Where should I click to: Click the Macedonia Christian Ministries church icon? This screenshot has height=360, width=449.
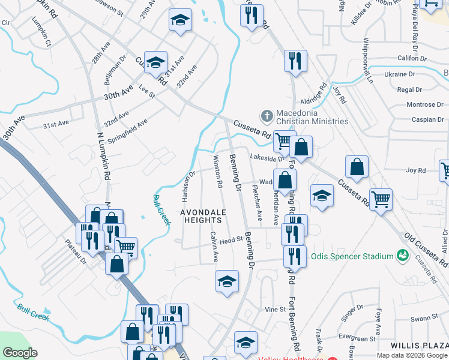(x=266, y=114)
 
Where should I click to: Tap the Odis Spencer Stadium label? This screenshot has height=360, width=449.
(x=352, y=257)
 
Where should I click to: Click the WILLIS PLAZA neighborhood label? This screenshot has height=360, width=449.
(x=419, y=346)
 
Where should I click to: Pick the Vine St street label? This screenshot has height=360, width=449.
(x=275, y=309)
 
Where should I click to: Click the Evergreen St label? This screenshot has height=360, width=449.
(x=357, y=338)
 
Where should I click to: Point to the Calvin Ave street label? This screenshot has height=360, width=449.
(x=214, y=247)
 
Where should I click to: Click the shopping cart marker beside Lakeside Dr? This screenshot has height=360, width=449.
(x=283, y=142)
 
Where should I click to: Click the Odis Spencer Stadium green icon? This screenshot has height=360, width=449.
(x=403, y=257)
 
